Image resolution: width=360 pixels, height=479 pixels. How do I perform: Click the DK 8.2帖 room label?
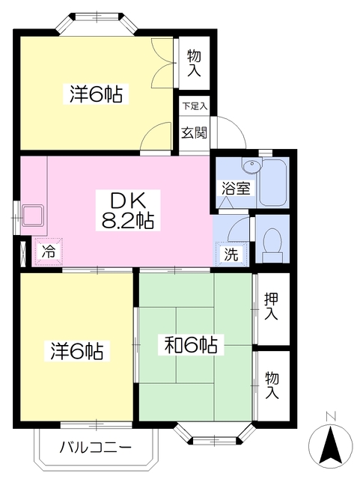pos(133,210)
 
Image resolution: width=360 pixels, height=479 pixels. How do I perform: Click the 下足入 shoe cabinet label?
pos(195,107)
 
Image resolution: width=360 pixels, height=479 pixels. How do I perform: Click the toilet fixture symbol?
pos(272,241)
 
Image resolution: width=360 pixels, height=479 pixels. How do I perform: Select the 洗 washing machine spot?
pos(232,254)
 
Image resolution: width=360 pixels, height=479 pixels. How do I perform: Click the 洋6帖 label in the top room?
pos(97,94)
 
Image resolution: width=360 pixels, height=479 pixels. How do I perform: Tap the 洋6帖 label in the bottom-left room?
pos(77,350)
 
